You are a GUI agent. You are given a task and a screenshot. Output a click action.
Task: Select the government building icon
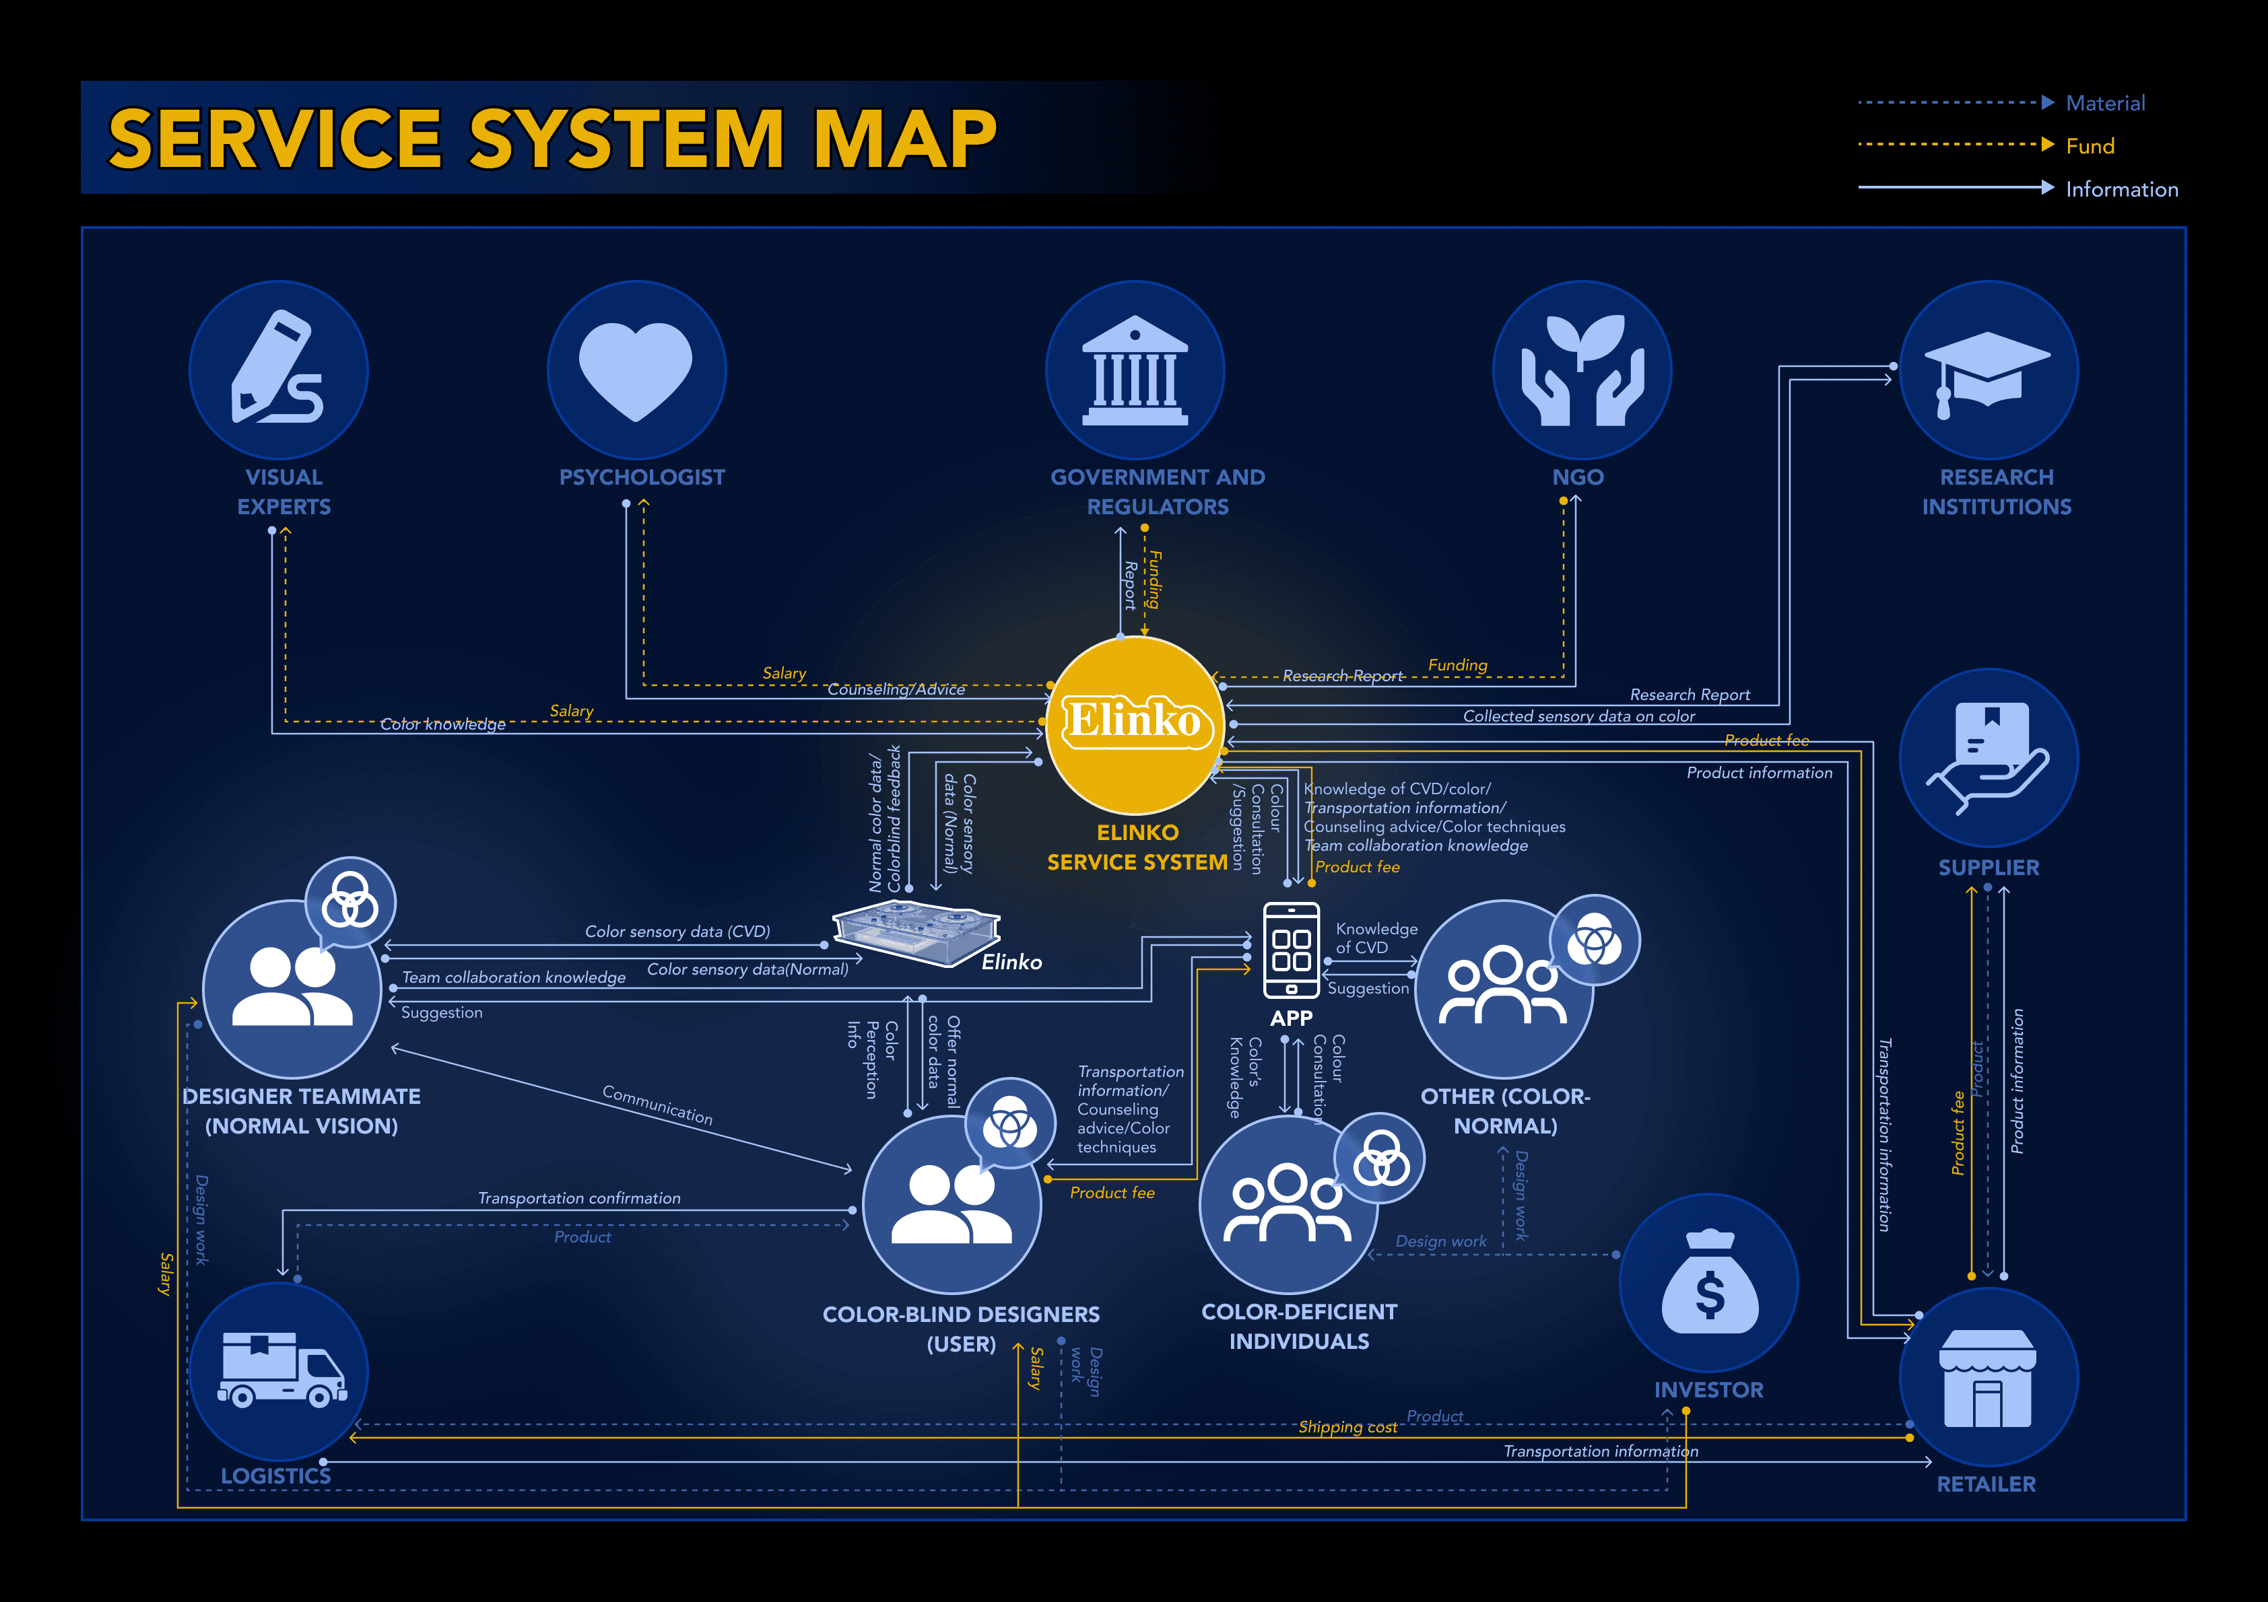1135,370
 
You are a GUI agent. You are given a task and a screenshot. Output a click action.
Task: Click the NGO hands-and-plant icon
1582,370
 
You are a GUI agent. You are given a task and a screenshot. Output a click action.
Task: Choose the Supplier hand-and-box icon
1987,757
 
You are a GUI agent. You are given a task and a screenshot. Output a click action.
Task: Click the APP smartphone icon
1291,949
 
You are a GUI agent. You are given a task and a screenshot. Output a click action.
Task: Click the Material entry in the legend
2105,103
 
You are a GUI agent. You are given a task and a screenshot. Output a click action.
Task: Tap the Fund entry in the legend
2090,146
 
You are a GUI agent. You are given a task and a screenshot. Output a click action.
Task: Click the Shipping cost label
1347,1427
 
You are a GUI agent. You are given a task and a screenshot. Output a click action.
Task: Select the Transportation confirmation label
579,1198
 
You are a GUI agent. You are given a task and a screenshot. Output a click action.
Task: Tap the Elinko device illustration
916,932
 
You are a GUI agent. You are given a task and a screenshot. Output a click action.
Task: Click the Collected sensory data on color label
1578,716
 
